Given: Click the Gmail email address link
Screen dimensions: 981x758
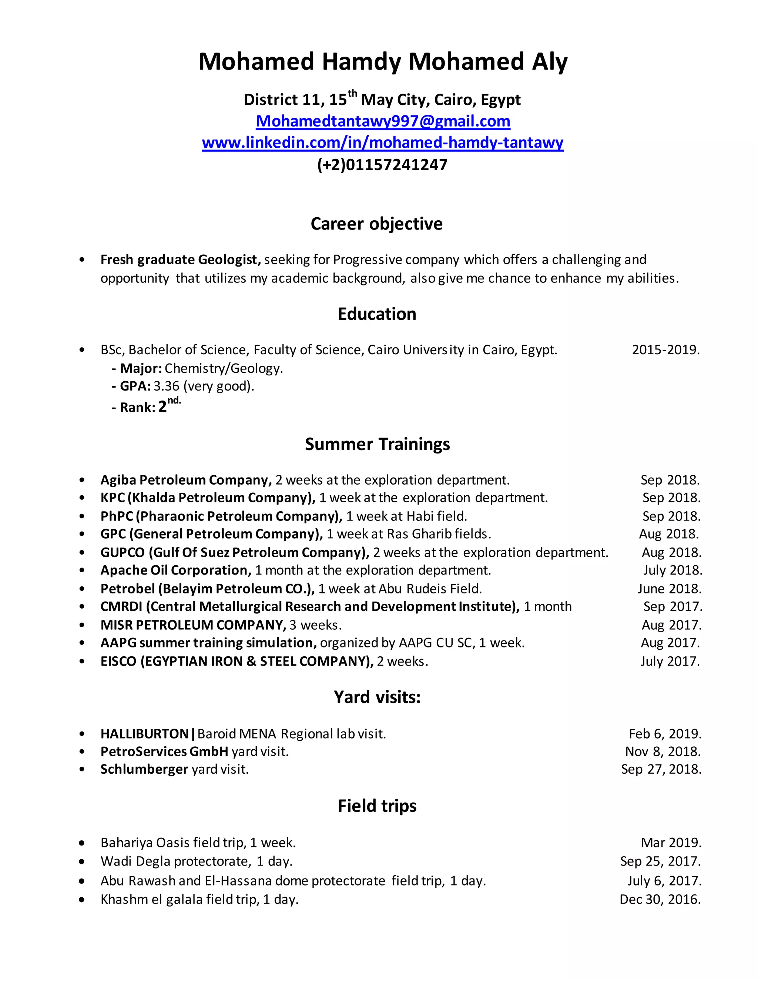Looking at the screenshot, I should [383, 121].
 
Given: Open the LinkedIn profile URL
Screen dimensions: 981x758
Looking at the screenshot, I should [383, 143].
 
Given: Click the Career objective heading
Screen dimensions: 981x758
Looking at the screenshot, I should [376, 224].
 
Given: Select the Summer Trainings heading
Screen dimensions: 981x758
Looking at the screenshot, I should [377, 444].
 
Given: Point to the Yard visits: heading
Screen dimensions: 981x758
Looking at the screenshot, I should [377, 697].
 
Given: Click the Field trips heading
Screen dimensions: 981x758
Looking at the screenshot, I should [377, 806].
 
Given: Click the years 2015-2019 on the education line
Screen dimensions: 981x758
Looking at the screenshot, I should [665, 349].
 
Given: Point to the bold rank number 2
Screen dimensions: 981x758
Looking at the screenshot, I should [162, 407].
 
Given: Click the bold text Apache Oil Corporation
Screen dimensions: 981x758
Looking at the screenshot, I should [175, 570].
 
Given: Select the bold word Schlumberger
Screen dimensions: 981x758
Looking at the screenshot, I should [144, 770].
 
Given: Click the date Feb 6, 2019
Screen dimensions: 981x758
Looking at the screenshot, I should [665, 734].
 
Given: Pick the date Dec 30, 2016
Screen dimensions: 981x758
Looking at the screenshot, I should [660, 899].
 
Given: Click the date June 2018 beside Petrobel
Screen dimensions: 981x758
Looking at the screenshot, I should [669, 589].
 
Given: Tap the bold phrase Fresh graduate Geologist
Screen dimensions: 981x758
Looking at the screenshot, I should [181, 260].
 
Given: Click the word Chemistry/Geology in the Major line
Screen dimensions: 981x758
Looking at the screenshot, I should [224, 368].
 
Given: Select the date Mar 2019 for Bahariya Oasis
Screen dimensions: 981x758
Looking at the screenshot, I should [671, 843].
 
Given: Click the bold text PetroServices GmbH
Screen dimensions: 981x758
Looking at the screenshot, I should [164, 751].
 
